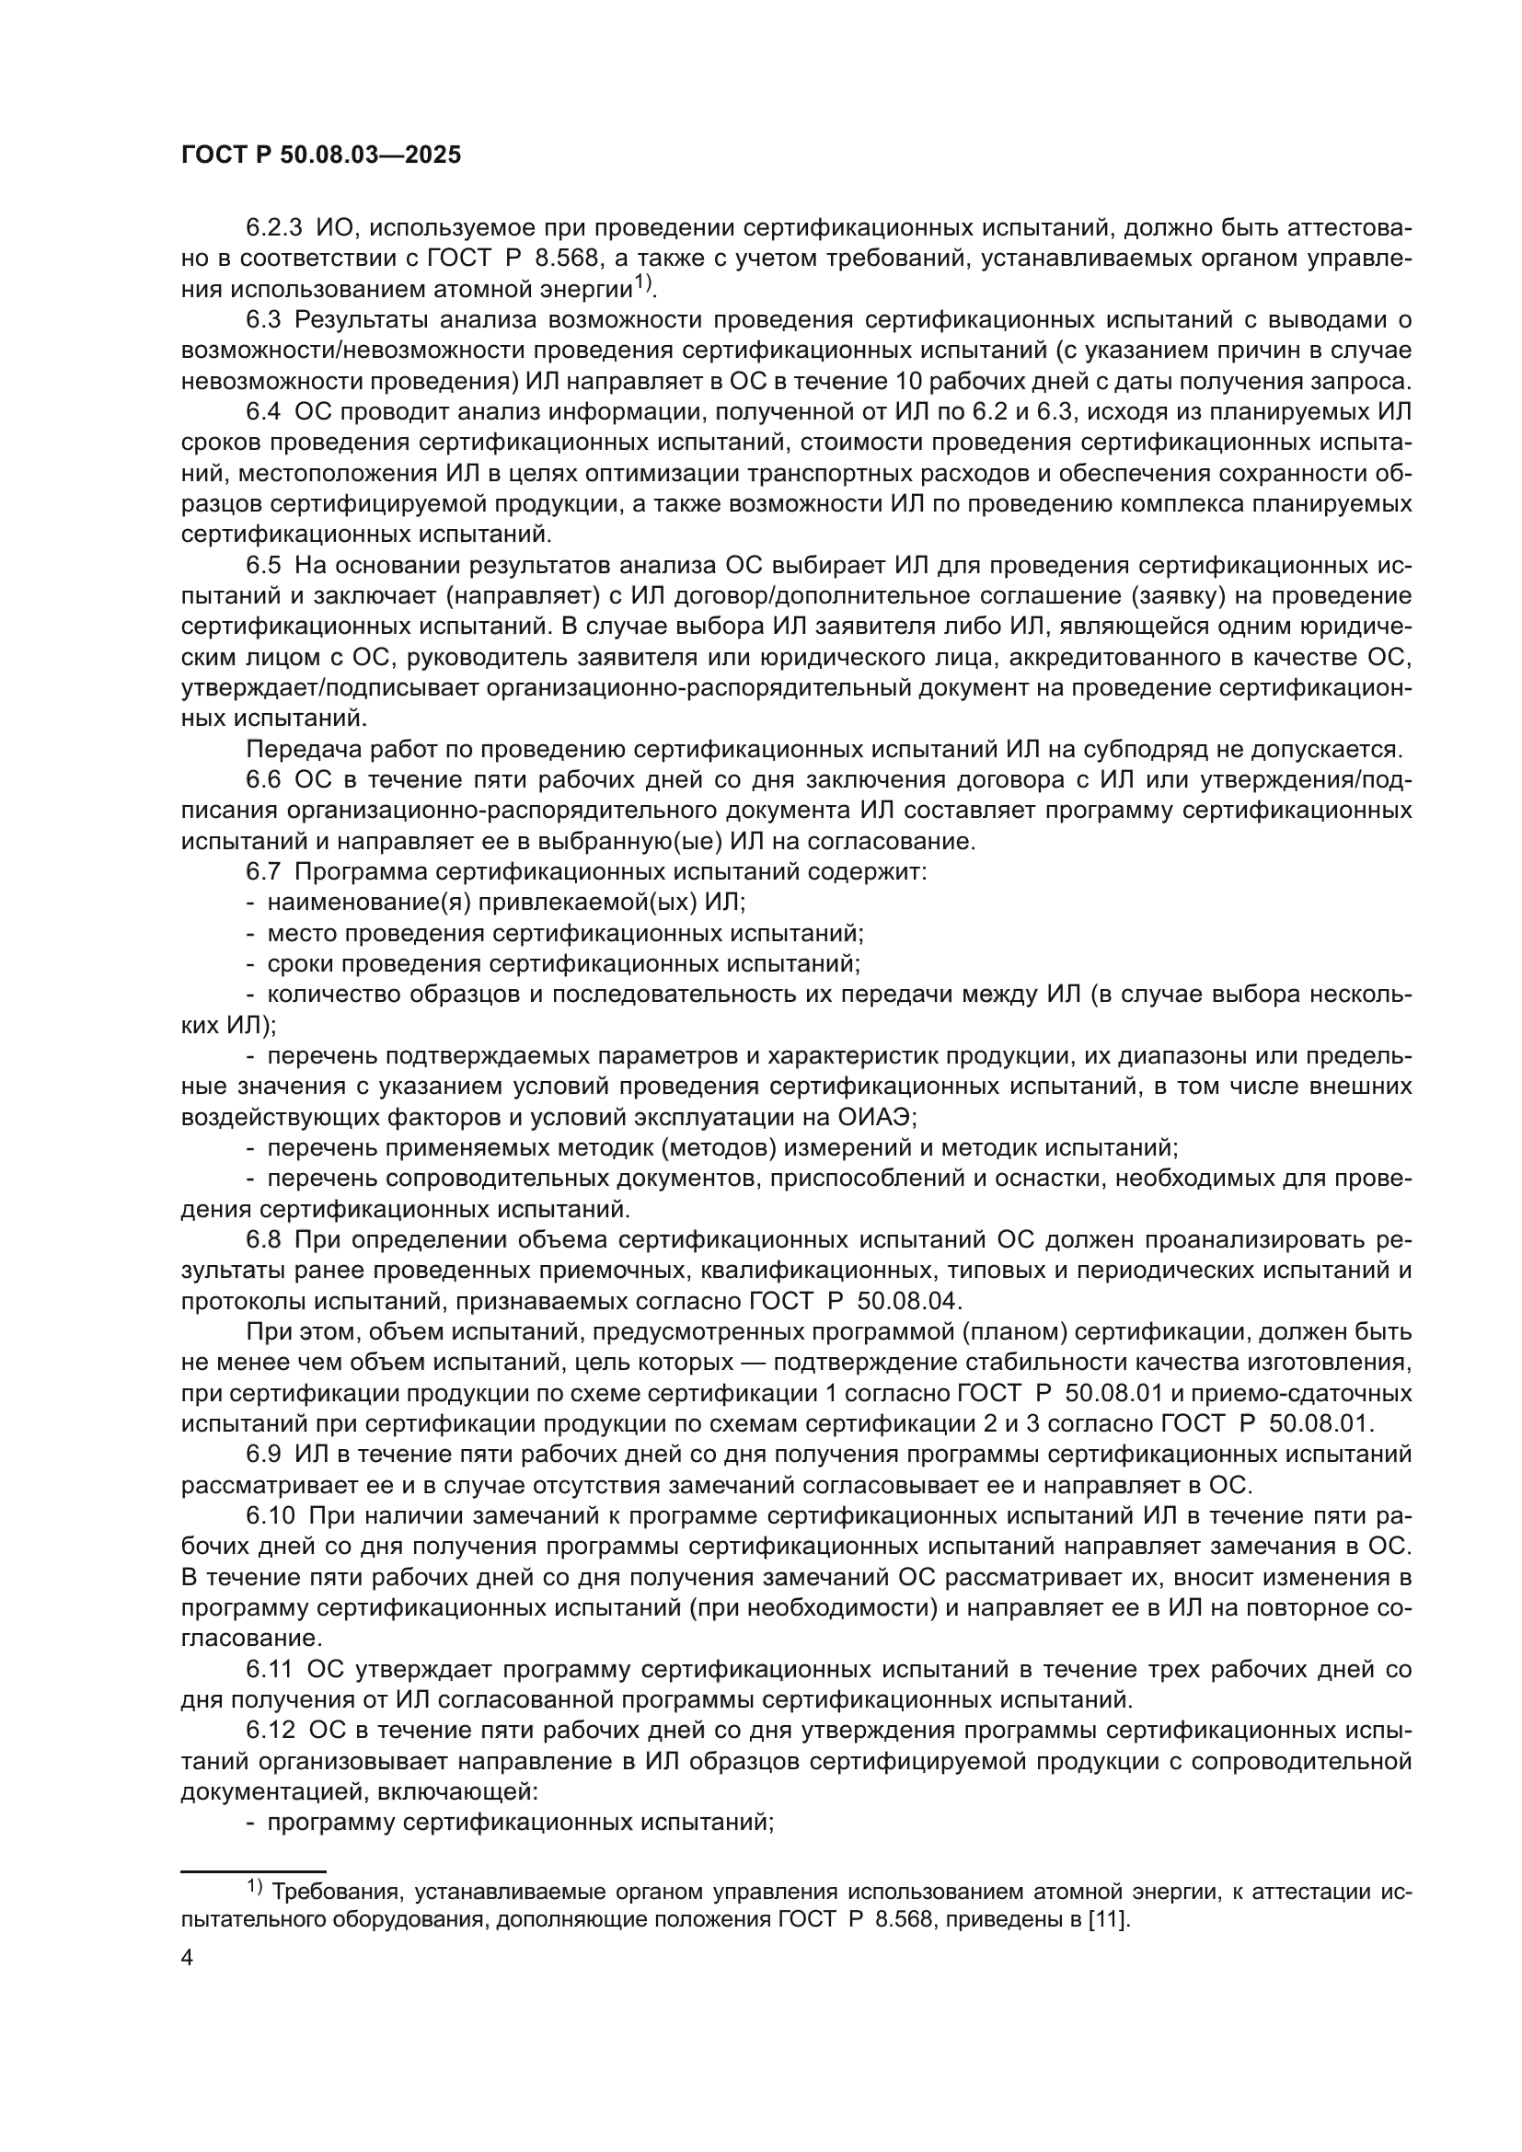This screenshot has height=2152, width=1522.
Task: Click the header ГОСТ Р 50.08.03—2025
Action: coord(320,155)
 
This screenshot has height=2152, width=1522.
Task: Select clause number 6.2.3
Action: coord(274,228)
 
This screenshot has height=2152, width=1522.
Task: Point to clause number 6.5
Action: coord(264,565)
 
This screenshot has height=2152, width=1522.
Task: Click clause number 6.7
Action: coord(264,871)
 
